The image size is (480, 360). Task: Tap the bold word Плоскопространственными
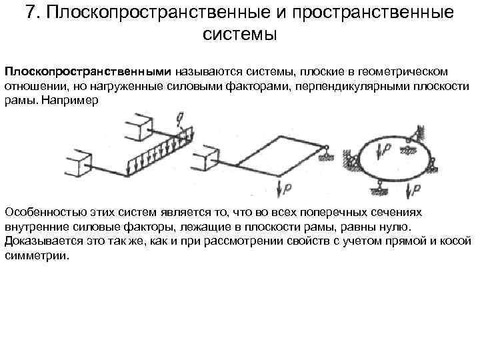point(89,71)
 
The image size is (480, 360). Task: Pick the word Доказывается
point(41,242)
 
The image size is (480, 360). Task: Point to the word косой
point(457,242)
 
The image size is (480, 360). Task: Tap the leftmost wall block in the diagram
point(77,164)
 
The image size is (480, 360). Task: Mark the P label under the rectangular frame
point(287,189)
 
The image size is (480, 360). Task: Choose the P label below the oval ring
point(417,190)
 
